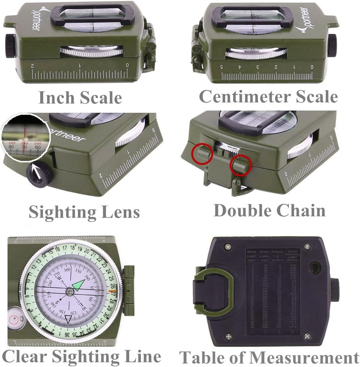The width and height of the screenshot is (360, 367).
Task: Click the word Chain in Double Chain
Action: click(302, 210)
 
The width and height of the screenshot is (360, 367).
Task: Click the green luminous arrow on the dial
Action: click(79, 284)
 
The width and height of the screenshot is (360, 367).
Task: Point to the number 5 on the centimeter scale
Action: click(222, 67)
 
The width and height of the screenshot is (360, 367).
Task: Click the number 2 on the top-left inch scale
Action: click(32, 66)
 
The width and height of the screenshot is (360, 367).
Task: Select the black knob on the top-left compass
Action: click(9, 45)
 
